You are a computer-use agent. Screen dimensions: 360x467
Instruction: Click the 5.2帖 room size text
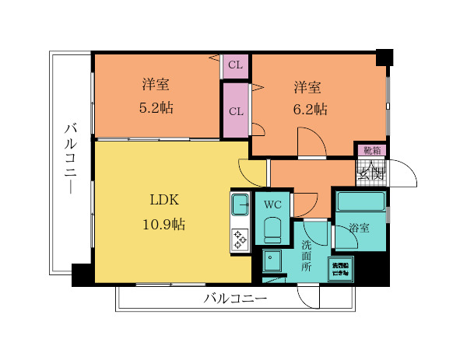pyautogui.click(x=156, y=108)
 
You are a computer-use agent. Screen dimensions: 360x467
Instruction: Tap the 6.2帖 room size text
pyautogui.click(x=310, y=109)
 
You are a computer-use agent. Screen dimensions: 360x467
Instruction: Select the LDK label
pyautogui.click(x=164, y=200)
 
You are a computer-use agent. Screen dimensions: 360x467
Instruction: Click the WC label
pyautogui.click(x=272, y=205)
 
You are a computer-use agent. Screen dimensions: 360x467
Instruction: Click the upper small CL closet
pyautogui.click(x=236, y=65)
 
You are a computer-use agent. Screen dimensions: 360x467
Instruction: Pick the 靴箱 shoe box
pyautogui.click(x=371, y=150)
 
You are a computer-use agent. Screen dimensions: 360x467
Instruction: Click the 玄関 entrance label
pyautogui.click(x=371, y=173)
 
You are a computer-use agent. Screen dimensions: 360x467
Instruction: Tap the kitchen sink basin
pyautogui.click(x=239, y=204)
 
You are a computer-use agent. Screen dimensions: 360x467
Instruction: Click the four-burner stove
pyautogui.click(x=239, y=239)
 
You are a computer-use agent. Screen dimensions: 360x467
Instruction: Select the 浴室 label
pyautogui.click(x=360, y=229)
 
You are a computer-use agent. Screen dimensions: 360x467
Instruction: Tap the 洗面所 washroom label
pyautogui.click(x=307, y=255)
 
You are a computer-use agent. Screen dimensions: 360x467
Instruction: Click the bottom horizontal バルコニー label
pyautogui.click(x=235, y=298)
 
